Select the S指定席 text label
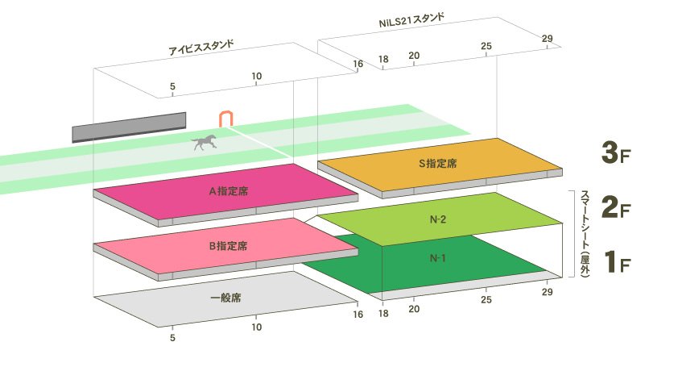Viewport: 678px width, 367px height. pos(438,163)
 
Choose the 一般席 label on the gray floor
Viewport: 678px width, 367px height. pos(226,298)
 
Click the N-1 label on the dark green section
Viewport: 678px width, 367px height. pos(438,258)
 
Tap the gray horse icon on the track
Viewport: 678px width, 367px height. pos(204,143)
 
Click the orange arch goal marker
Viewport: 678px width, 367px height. pos(226,118)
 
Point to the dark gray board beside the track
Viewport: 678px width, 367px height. pos(129,127)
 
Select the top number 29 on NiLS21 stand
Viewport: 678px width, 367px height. pos(548,39)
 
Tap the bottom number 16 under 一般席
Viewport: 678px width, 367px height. pos(358,315)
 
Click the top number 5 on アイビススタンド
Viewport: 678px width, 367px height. pos(172,85)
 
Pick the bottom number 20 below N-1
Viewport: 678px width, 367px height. pos(414,308)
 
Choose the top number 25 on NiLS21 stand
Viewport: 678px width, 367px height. pos(486,46)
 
